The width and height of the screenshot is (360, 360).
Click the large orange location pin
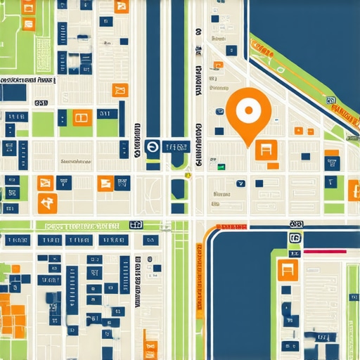[x=247, y=112]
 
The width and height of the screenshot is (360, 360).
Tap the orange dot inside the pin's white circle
[x=247, y=110]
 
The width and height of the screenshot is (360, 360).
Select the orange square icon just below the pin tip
[x=266, y=149]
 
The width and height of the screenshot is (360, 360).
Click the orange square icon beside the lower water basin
[x=288, y=269]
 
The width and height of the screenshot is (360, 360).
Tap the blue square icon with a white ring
[x=153, y=147]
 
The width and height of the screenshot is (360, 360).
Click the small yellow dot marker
[x=188, y=175]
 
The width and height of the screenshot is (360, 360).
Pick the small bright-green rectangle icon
[x=221, y=167]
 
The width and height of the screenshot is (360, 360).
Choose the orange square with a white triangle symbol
[x=48, y=204]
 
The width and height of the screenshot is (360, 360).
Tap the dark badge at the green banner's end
[x=136, y=225]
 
